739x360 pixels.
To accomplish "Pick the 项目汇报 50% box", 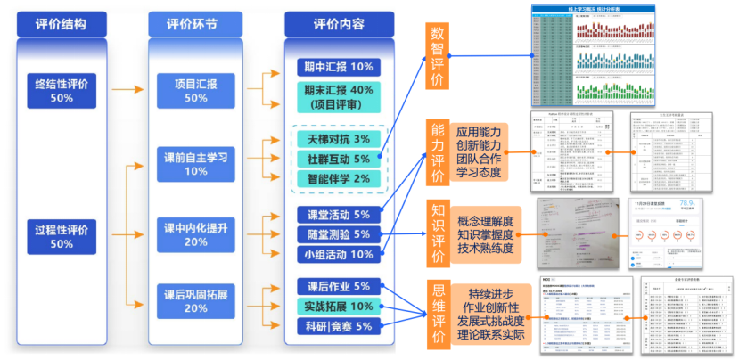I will [196, 90].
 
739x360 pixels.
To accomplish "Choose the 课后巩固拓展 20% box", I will [196, 300].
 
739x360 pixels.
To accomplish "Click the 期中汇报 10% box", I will [338, 68].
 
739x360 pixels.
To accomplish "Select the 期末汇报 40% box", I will [338, 97].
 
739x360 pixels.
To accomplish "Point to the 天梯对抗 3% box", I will [338, 139].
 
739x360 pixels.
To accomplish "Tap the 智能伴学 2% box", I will [338, 178].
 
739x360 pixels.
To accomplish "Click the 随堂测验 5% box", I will [338, 234].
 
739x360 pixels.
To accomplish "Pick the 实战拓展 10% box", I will [338, 306].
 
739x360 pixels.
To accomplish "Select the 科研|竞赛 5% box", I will [338, 326].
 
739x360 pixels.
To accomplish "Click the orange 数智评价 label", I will [437, 58].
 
